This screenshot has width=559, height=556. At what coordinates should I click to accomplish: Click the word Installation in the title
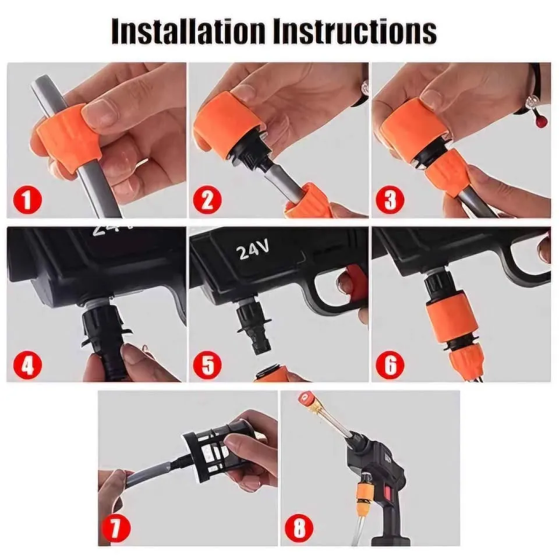pyautogui.click(x=188, y=31)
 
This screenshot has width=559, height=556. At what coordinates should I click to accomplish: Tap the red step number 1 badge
pyautogui.click(x=27, y=200)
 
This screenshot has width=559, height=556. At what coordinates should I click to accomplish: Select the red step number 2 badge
pyautogui.click(x=207, y=200)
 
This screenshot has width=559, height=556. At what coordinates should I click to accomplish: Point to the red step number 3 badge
pyautogui.click(x=390, y=200)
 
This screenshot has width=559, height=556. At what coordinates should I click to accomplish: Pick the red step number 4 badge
pyautogui.click(x=27, y=364)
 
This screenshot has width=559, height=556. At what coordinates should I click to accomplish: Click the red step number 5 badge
pyautogui.click(x=207, y=364)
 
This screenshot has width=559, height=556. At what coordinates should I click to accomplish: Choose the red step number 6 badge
pyautogui.click(x=390, y=364)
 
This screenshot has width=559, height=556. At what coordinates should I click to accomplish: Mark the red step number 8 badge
pyautogui.click(x=299, y=527)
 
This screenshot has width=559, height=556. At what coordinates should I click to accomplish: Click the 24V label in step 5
pyautogui.click(x=252, y=250)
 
